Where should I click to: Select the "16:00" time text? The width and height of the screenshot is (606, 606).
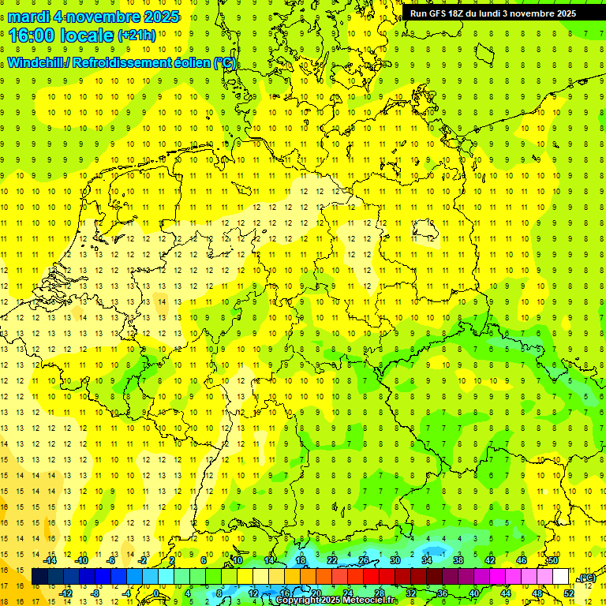(x=35, y=35)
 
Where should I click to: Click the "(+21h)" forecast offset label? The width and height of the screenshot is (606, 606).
(x=137, y=36)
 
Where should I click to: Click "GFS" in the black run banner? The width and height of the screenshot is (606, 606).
(x=441, y=13)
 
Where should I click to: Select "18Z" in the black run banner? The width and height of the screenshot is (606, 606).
(x=462, y=13)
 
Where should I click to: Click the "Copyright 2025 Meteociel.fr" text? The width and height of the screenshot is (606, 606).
(x=335, y=600)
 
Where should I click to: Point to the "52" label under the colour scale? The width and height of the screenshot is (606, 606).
(x=569, y=593)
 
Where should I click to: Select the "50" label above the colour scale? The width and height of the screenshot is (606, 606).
(x=553, y=560)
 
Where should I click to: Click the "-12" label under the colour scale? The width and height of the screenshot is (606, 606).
(x=66, y=593)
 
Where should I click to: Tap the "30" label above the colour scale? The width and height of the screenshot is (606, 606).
(x=395, y=560)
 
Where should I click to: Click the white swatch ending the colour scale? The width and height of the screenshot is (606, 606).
(x=561, y=577)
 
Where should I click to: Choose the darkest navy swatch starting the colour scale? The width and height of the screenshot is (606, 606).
(x=39, y=577)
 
